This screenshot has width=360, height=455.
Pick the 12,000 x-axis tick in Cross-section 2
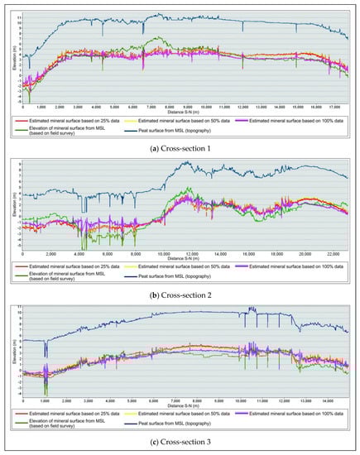point(193,252)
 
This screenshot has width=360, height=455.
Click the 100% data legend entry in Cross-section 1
point(307,121)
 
